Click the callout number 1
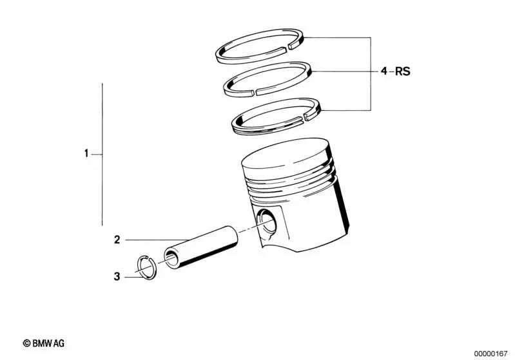[x=86, y=154]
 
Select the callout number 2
[x=117, y=240]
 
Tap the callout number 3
[x=117, y=277]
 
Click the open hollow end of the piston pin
[x=172, y=258]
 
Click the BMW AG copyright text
[x=43, y=344]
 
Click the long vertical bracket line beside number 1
[x=102, y=155]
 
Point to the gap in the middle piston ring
[x=254, y=91]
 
